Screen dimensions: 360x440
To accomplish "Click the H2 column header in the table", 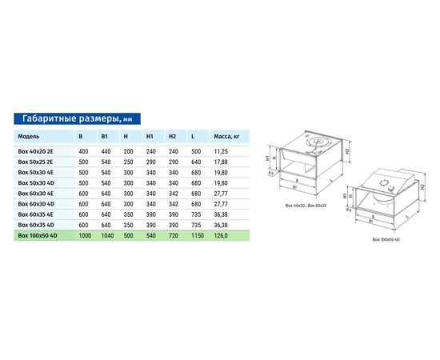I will pyautogui.click(x=172, y=137).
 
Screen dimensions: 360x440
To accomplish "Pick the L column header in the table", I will pyautogui.click(x=194, y=137).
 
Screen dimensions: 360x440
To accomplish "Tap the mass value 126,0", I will pyautogui.click(x=222, y=236).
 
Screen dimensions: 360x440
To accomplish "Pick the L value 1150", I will pyautogui.click(x=198, y=236).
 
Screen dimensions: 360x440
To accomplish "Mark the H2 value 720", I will pyautogui.click(x=173, y=236).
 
